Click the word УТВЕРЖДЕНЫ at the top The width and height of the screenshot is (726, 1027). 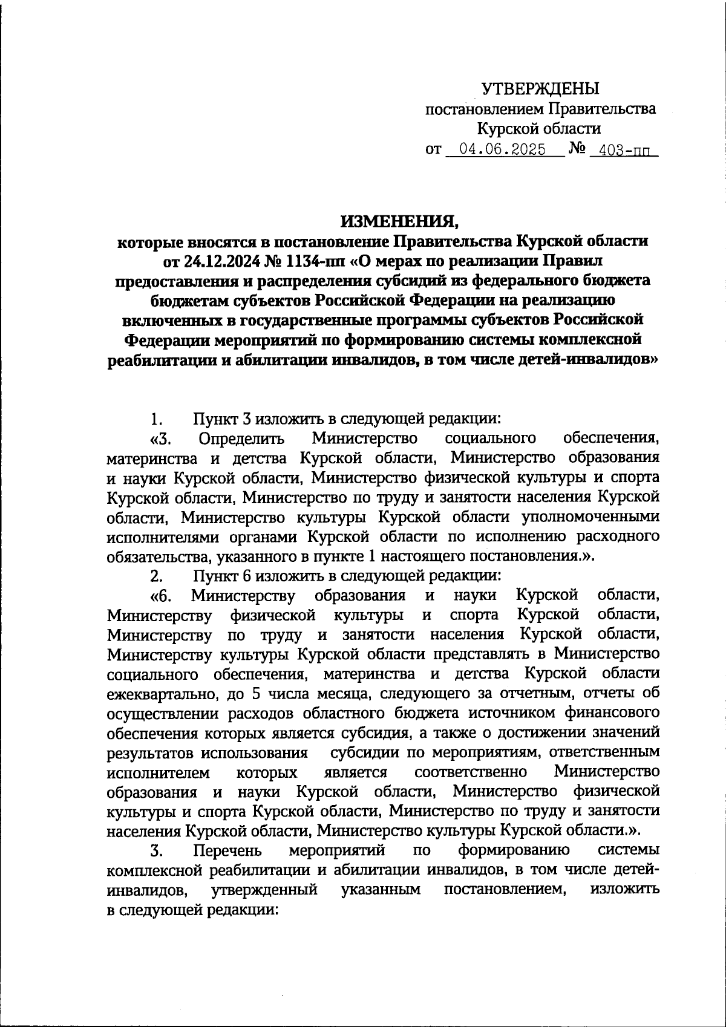click(x=540, y=89)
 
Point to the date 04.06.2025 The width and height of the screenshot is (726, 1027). click(x=502, y=149)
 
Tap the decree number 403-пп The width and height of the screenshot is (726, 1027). click(x=624, y=149)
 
